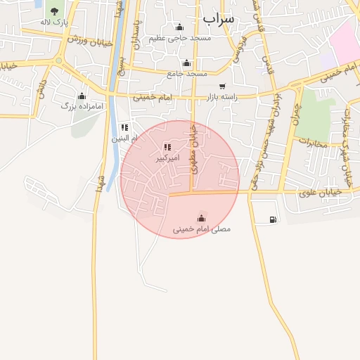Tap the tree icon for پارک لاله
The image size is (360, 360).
point(54,11)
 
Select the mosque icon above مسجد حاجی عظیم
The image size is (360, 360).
point(179,27)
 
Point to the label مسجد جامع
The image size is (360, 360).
point(187,73)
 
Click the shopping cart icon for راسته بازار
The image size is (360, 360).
point(222,86)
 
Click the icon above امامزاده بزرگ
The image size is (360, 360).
point(82,96)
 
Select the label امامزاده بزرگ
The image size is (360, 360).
point(82,106)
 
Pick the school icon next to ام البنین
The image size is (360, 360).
point(124,127)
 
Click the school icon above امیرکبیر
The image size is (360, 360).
point(167,147)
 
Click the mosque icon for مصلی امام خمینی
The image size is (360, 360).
point(202,217)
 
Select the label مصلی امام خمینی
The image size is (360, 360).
point(202,229)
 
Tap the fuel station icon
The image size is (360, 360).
point(273,219)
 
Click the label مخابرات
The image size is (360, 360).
point(314,143)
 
